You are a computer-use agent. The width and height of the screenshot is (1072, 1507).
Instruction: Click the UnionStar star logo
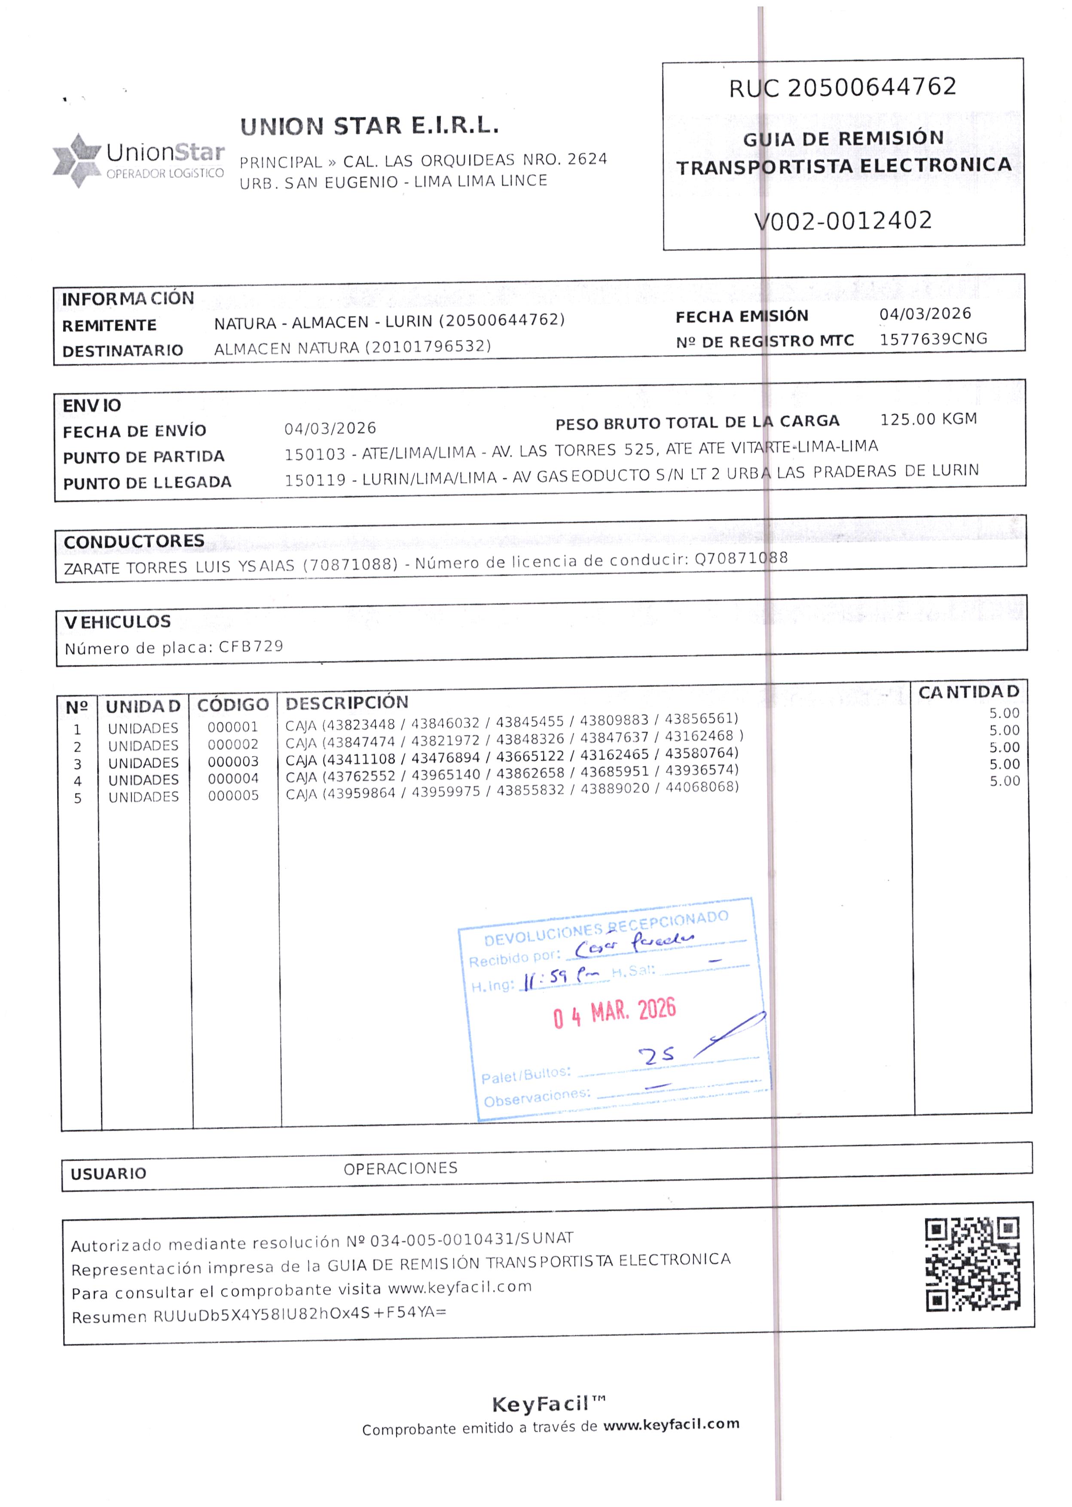76,160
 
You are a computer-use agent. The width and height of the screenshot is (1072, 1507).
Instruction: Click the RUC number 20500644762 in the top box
871,86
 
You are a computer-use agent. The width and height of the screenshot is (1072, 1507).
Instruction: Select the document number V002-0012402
843,220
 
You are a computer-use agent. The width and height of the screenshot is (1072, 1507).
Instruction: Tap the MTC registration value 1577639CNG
933,339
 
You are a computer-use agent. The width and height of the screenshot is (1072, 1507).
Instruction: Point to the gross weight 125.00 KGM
928,419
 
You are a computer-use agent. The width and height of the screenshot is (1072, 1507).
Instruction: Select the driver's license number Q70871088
741,558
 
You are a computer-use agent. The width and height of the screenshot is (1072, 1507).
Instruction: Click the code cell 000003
233,761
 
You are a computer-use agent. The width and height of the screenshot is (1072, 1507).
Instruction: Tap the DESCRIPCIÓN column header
347,703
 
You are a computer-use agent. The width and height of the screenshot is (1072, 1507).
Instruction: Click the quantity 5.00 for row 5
1004,781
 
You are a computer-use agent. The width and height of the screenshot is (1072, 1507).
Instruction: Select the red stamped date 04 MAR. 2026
614,1013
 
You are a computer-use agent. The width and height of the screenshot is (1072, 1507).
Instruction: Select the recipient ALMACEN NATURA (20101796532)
352,347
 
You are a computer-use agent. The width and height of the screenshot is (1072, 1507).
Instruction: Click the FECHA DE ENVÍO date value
330,428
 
